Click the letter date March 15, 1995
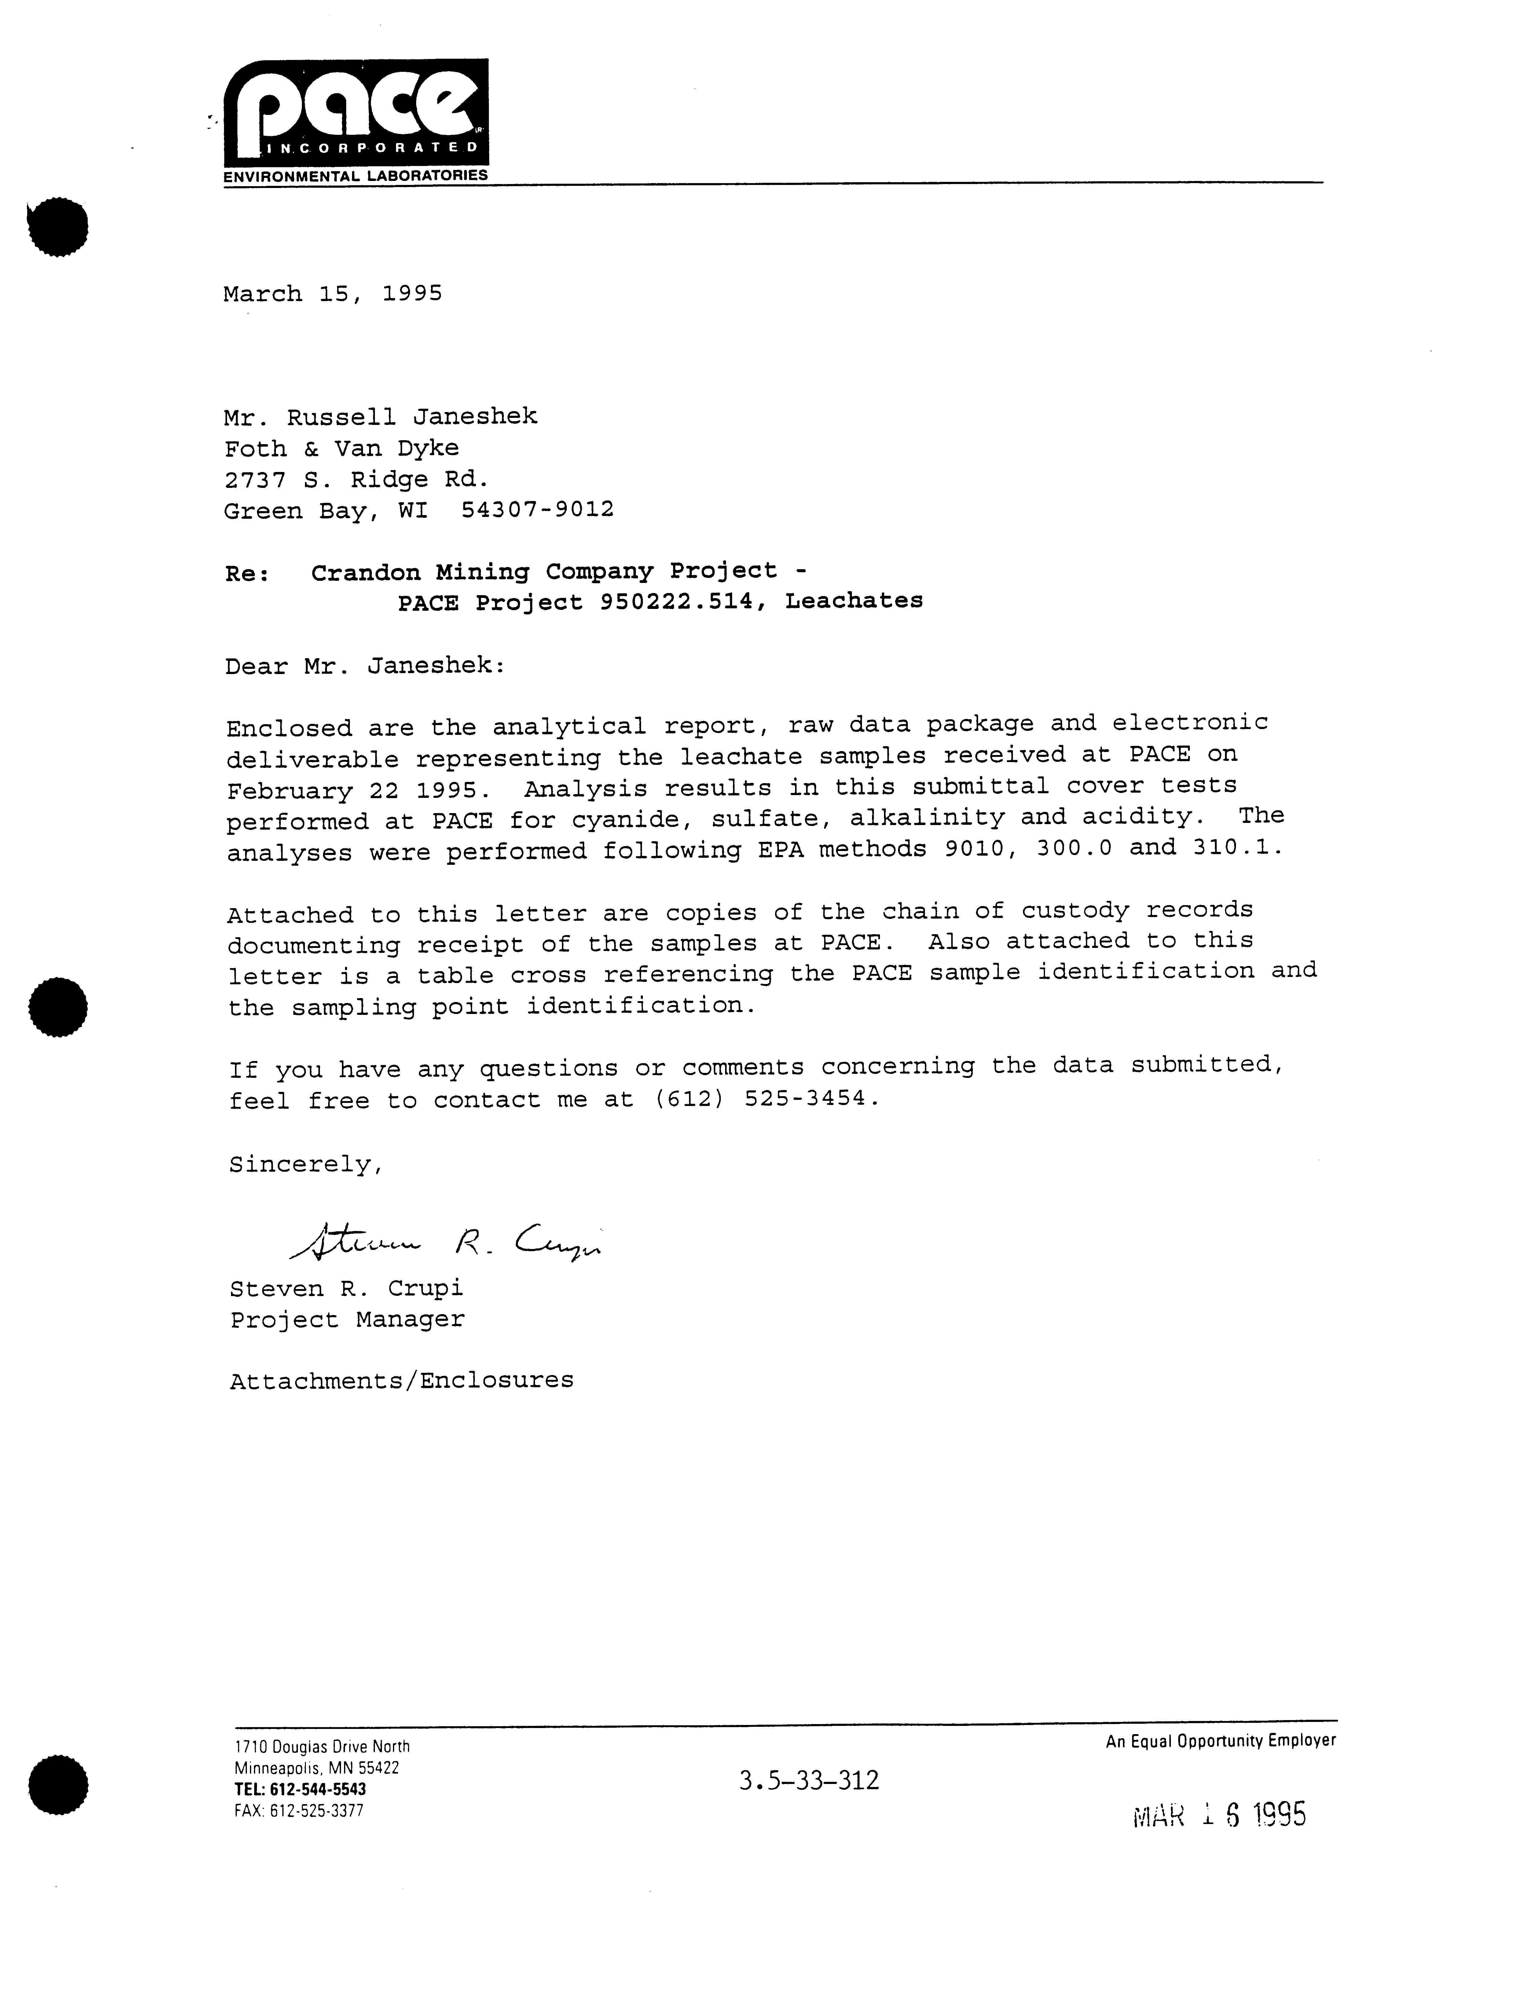coord(332,293)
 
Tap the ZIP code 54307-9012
coord(537,509)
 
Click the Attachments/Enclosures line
coord(402,1380)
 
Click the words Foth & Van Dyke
coord(342,448)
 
